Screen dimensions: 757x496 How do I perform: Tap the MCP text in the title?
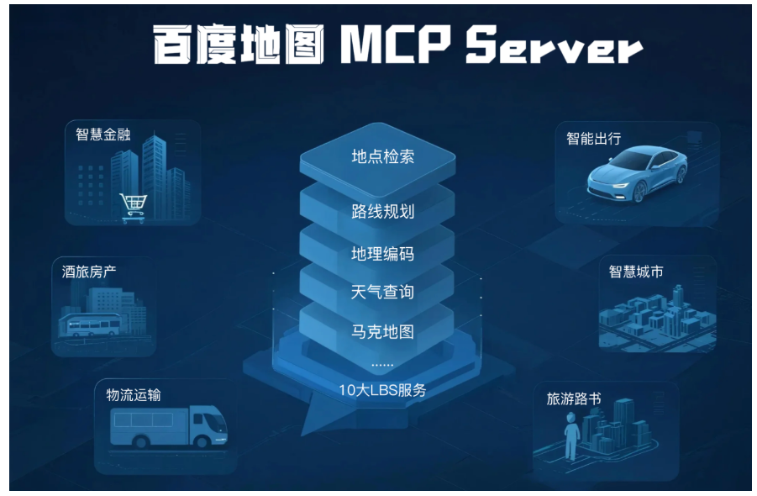point(394,47)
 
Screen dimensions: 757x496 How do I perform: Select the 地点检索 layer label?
point(382,156)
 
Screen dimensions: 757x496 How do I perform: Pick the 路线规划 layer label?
point(382,211)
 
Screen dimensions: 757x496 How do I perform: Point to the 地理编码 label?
point(382,254)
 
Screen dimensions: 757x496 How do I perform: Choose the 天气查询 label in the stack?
point(382,292)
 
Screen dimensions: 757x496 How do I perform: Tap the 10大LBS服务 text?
point(382,390)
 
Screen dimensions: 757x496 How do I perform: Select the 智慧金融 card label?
point(103,135)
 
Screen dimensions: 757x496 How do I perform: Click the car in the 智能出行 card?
point(639,174)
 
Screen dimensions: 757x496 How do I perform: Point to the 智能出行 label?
point(593,138)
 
